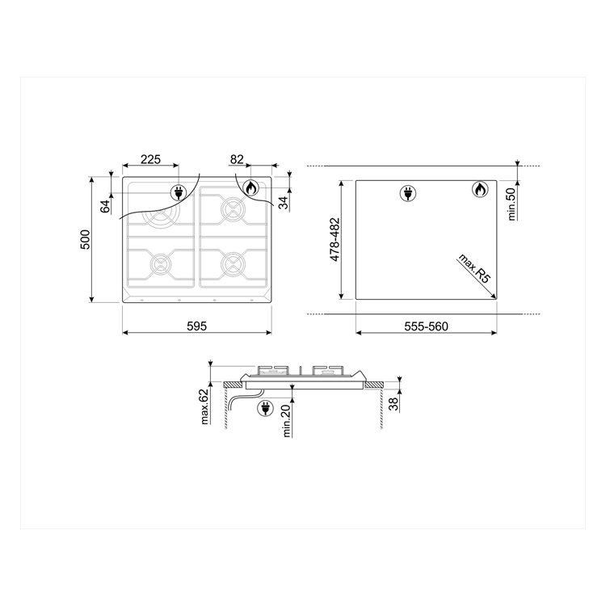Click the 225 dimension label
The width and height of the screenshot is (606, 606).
click(x=149, y=159)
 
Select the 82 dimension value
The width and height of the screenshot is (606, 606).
click(x=238, y=159)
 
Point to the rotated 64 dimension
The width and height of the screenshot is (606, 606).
click(x=105, y=205)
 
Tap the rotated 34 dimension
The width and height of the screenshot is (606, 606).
click(x=283, y=202)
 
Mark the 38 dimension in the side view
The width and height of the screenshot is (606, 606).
click(x=393, y=404)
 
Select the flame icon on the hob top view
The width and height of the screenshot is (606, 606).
click(x=251, y=188)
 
